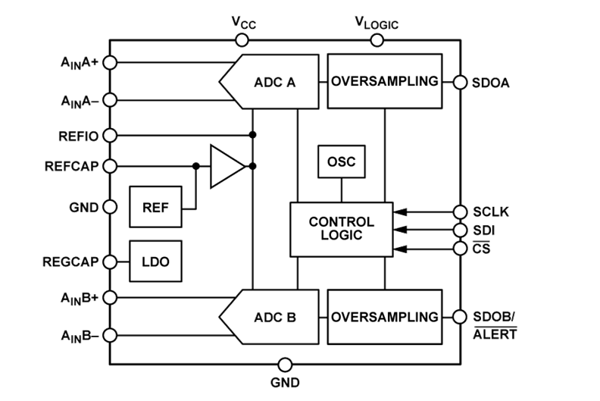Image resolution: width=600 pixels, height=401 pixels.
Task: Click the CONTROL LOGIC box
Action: click(341, 229)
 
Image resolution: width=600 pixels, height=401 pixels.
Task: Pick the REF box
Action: click(156, 206)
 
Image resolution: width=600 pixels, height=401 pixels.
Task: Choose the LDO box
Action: click(155, 262)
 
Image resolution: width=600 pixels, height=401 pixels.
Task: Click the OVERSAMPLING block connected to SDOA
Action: click(385, 81)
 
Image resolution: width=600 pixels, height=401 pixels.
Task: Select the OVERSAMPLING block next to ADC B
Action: click(385, 316)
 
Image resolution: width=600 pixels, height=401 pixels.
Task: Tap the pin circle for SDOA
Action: click(459, 82)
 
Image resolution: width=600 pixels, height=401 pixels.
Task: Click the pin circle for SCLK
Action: click(459, 211)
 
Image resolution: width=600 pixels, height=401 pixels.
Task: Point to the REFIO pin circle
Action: click(110, 135)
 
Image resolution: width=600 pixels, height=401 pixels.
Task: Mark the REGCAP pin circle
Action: click(110, 262)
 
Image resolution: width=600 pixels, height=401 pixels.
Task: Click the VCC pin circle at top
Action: click(243, 39)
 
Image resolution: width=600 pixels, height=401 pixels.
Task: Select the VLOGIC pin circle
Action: click(377, 39)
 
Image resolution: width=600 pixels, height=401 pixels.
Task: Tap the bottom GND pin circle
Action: click(285, 365)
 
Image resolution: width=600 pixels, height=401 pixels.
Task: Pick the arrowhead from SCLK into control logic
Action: click(399, 211)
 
